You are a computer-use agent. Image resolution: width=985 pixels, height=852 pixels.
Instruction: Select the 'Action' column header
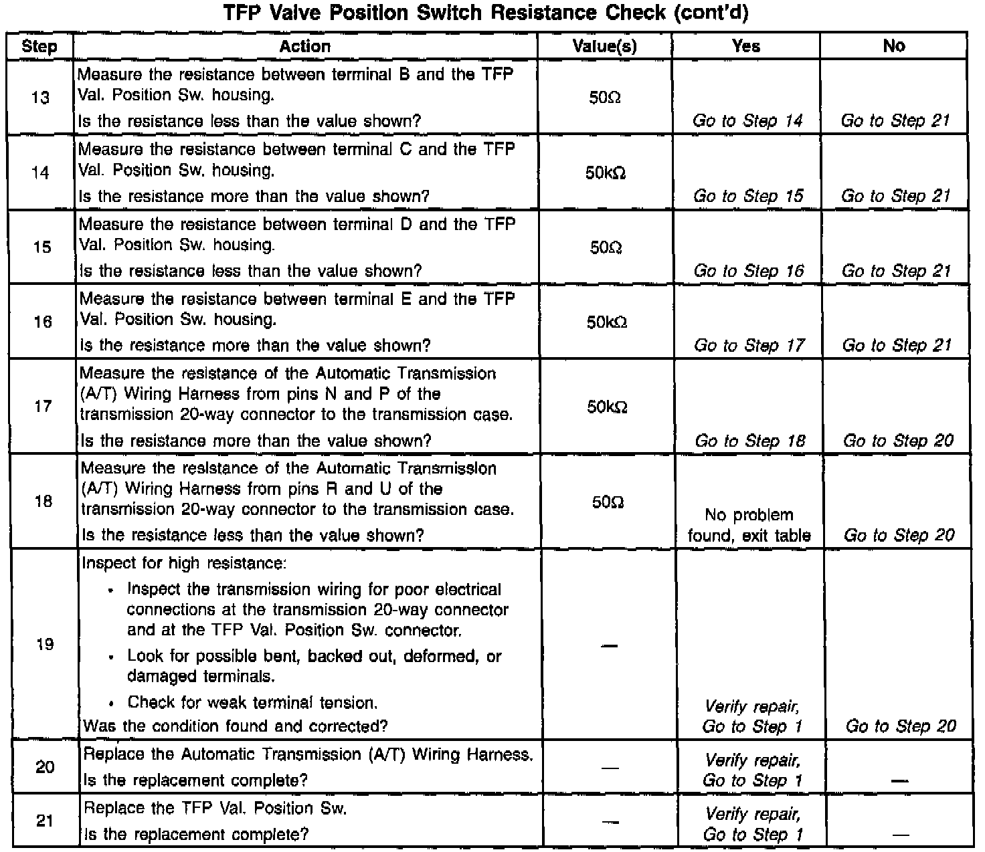pyautogui.click(x=304, y=46)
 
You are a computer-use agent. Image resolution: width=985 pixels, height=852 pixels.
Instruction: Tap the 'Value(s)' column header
pyautogui.click(x=605, y=46)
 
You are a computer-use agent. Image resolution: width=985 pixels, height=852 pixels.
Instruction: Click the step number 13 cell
pyautogui.click(x=40, y=98)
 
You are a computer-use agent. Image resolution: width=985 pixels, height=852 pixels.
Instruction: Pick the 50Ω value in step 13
pyautogui.click(x=605, y=98)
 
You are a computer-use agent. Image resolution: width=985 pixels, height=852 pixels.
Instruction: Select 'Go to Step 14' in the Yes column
pyautogui.click(x=747, y=121)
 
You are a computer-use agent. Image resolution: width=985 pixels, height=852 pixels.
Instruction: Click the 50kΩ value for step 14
pyautogui.click(x=606, y=173)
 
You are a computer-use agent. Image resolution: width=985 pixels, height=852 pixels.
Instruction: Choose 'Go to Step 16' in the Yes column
pyautogui.click(x=748, y=271)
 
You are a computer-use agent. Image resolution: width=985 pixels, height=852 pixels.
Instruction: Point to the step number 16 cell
pyautogui.click(x=42, y=322)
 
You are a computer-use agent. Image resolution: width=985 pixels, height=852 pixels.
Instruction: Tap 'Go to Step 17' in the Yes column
pyautogui.click(x=749, y=346)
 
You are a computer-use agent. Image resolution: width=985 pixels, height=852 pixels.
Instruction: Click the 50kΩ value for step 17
pyautogui.click(x=607, y=407)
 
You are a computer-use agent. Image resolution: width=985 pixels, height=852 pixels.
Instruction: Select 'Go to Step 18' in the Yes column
pyautogui.click(x=749, y=441)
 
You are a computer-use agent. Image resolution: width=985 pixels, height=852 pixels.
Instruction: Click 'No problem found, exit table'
pyautogui.click(x=749, y=525)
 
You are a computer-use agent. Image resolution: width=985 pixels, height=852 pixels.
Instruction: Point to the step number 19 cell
pyautogui.click(x=43, y=645)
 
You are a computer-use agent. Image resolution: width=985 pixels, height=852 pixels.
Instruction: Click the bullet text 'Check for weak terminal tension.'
pyautogui.click(x=252, y=702)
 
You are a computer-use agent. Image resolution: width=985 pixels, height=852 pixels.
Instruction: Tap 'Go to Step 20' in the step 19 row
pyautogui.click(x=901, y=726)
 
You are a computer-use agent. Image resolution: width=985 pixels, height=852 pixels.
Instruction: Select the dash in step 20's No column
pyautogui.click(x=900, y=780)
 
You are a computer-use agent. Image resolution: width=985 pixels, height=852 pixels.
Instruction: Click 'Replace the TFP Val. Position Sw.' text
pyautogui.click(x=215, y=808)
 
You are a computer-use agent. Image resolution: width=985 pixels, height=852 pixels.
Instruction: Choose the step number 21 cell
pyautogui.click(x=44, y=821)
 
